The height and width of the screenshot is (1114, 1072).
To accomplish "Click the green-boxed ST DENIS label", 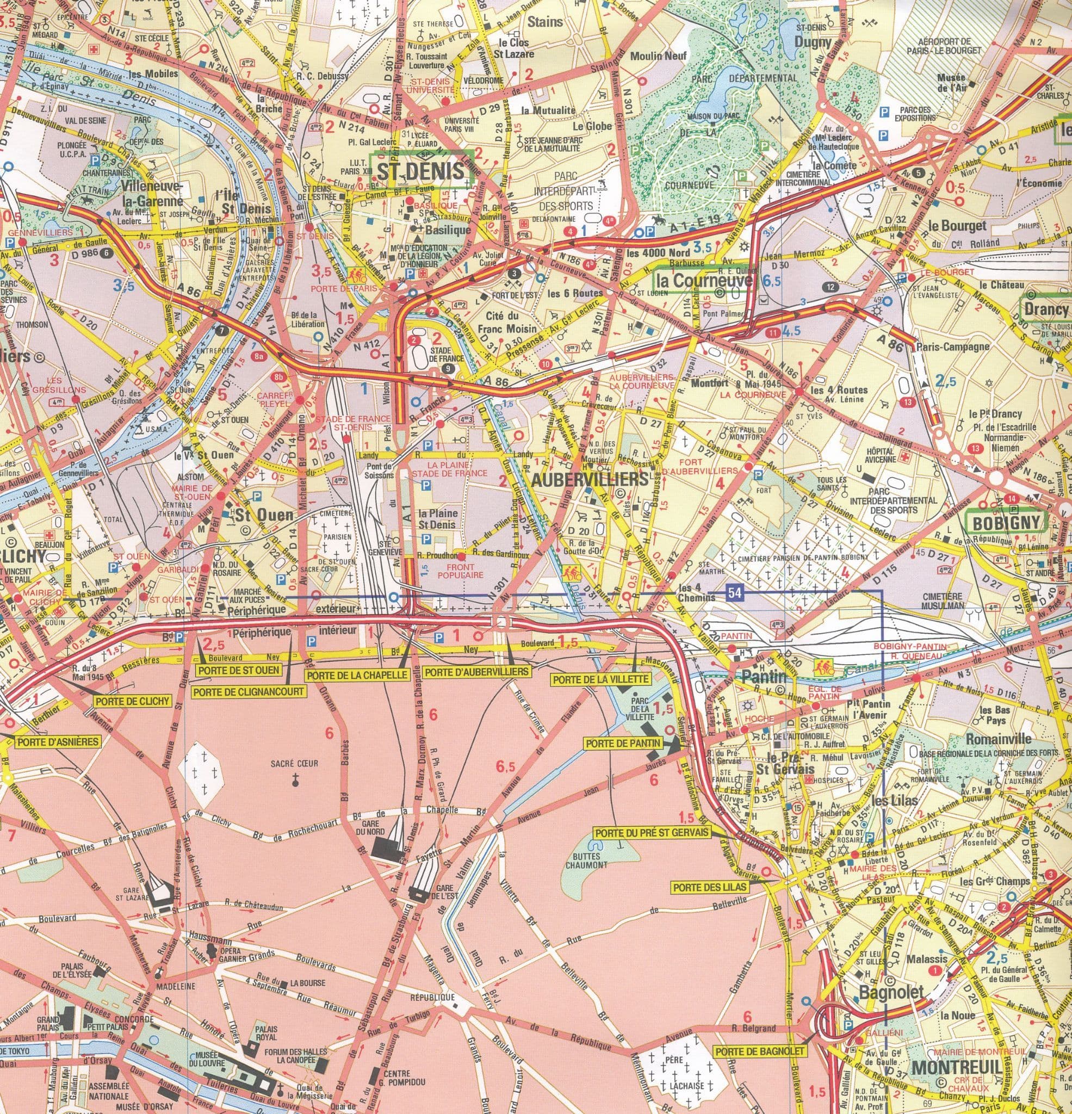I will click(x=421, y=171).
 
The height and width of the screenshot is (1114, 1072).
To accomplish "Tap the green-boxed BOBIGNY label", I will click(x=1006, y=522).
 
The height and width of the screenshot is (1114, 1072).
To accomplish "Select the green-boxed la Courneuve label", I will click(x=704, y=281).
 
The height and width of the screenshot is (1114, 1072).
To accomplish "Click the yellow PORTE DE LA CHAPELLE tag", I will click(x=357, y=676).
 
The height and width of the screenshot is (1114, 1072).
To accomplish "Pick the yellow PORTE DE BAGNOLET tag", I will click(x=760, y=1036).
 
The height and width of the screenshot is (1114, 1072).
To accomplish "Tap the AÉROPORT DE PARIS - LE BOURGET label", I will click(x=949, y=46).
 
